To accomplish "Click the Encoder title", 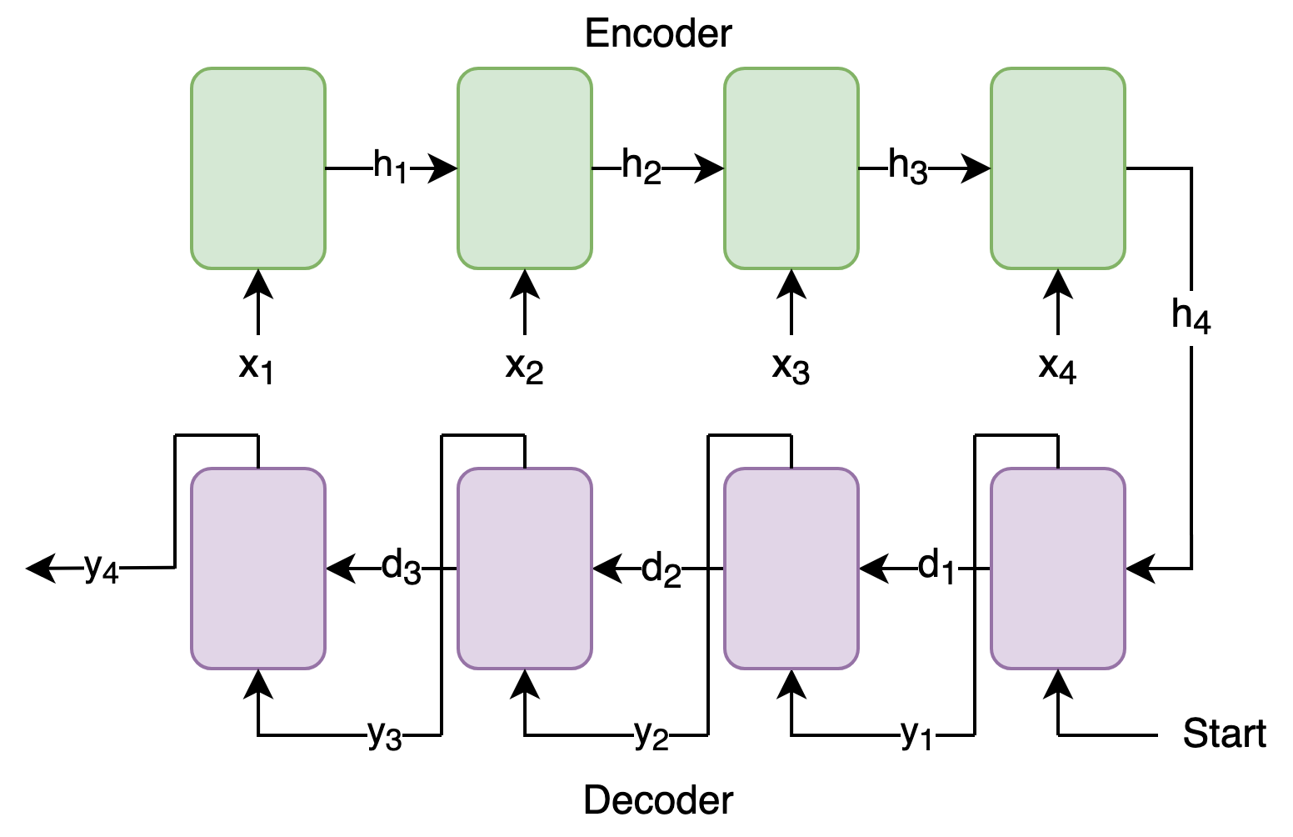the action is pyautogui.click(x=658, y=33).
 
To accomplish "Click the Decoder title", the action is pyautogui.click(x=658, y=800).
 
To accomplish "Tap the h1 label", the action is pyautogui.click(x=391, y=167).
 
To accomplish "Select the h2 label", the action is pyautogui.click(x=642, y=167).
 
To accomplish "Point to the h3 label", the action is pyautogui.click(x=908, y=167).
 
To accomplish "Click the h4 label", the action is pyautogui.click(x=1191, y=316).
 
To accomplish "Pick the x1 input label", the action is pyautogui.click(x=256, y=368).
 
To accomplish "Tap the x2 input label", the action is pyautogui.click(x=524, y=368).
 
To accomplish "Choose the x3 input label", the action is pyautogui.click(x=791, y=368).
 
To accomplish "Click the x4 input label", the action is pyautogui.click(x=1057, y=368).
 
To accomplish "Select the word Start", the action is pyautogui.click(x=1225, y=734).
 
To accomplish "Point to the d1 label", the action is pyautogui.click(x=936, y=567).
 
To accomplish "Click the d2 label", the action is pyautogui.click(x=661, y=569).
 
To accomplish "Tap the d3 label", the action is pyautogui.click(x=402, y=567).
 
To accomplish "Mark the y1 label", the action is pyautogui.click(x=916, y=734).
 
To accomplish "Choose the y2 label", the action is pyautogui.click(x=651, y=734).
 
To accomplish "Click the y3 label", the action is pyautogui.click(x=385, y=734).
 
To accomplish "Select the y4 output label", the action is pyautogui.click(x=102, y=569).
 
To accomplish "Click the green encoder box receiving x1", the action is pyautogui.click(x=258, y=168).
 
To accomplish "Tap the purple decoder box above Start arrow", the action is pyautogui.click(x=1057, y=569).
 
